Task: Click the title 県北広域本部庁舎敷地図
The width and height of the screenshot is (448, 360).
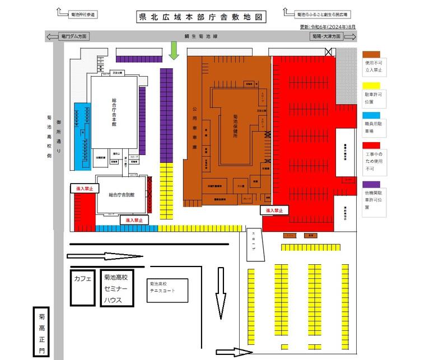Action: tap(201, 17)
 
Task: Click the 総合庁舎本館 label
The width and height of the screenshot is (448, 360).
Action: tap(114, 113)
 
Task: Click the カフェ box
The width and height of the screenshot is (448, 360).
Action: tap(82, 279)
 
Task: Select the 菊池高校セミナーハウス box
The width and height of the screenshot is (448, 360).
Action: tap(116, 288)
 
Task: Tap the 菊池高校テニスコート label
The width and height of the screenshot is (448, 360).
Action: tap(162, 287)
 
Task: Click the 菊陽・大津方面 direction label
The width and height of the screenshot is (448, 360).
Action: tap(325, 36)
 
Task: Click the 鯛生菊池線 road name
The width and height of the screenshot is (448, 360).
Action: tap(200, 36)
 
